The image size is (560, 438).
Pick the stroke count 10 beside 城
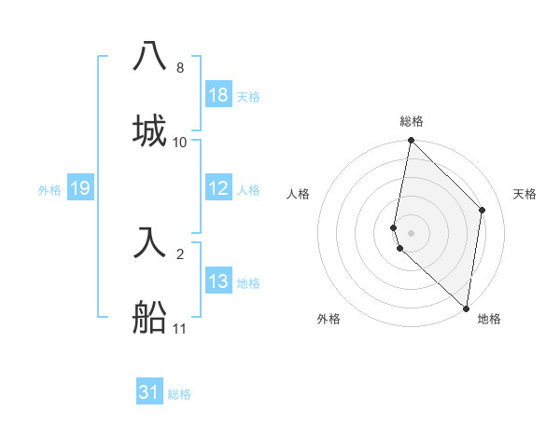pos(180,143)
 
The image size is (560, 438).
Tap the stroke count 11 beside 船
pos(180,328)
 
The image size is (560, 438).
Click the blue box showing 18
pos(218,95)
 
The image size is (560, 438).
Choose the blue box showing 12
pos(218,188)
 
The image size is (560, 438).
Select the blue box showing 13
pos(218,281)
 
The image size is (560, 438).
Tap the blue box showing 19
pos(80,188)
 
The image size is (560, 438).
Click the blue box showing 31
pos(149,392)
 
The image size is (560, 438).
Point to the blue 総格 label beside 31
pos(179,394)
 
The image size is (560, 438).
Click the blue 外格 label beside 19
pos(49,189)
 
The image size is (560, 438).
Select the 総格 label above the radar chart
pos(411,121)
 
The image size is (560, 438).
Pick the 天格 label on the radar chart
pos(525,194)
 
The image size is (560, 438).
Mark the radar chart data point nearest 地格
pos(467,308)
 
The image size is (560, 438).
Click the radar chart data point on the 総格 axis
pos(411,142)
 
